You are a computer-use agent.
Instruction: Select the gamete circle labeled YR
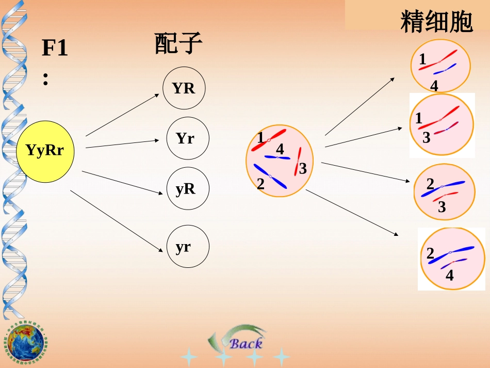[184, 88]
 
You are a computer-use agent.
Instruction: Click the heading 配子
[177, 43]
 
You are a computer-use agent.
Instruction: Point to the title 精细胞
[436, 22]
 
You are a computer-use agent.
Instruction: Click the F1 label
[54, 49]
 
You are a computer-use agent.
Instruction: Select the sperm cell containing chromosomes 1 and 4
[440, 65]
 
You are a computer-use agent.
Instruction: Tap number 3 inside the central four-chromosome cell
[303, 168]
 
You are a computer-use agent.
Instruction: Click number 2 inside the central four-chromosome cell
[260, 183]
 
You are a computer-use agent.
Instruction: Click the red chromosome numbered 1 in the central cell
[269, 140]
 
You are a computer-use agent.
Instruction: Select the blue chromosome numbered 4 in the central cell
[277, 157]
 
